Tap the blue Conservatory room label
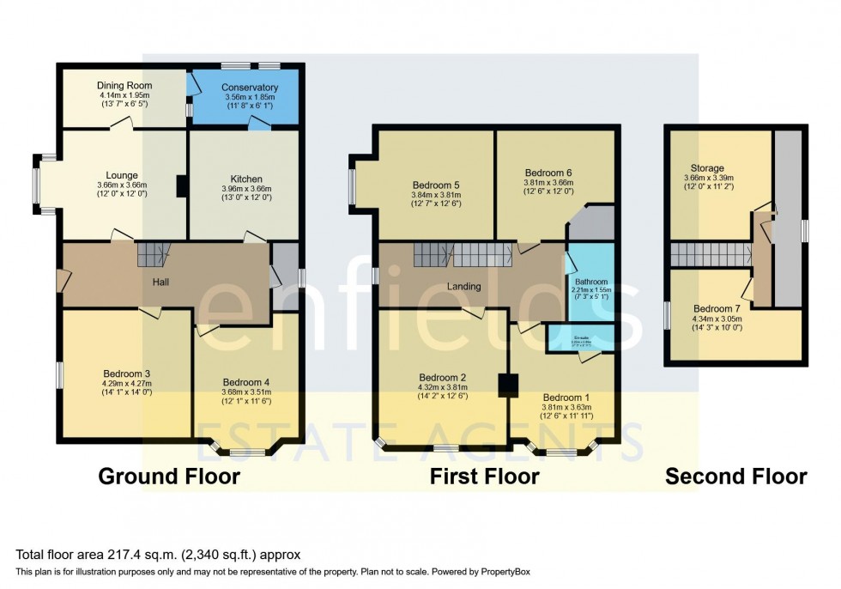point(249,88)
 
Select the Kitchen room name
point(245,179)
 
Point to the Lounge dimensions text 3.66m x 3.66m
point(123,185)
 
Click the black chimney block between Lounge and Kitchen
point(180,186)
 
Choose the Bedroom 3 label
point(127,373)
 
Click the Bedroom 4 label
point(246,382)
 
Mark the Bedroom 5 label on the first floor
point(436,185)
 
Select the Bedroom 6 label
point(548,173)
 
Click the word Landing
point(463,286)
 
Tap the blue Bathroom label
point(591,282)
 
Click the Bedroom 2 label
point(443,377)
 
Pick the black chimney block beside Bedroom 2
point(509,385)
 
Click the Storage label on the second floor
point(708,168)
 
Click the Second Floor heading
point(735,477)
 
